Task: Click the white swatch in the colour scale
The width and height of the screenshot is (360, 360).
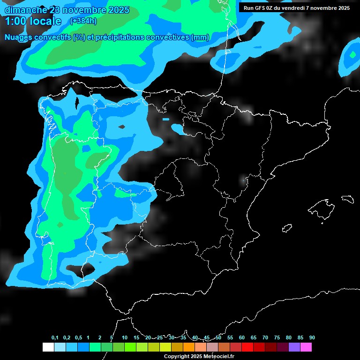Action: coord(48,347)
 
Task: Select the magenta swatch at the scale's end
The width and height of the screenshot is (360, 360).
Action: coord(306,347)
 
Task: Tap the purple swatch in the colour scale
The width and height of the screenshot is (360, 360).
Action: coord(294,347)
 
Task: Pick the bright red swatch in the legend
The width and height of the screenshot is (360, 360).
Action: coord(247,347)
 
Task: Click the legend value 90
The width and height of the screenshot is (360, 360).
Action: coord(312,338)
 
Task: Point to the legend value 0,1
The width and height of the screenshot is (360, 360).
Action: coord(55,338)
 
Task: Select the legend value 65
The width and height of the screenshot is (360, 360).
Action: coord(254,338)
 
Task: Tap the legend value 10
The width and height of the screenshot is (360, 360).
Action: coord(125,338)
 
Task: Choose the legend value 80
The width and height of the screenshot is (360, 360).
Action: coord(288,338)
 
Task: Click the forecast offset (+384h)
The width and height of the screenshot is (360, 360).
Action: coord(83,21)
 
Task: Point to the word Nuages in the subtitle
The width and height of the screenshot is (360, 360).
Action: coord(18,37)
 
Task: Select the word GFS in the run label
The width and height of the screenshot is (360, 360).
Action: coord(261,8)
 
